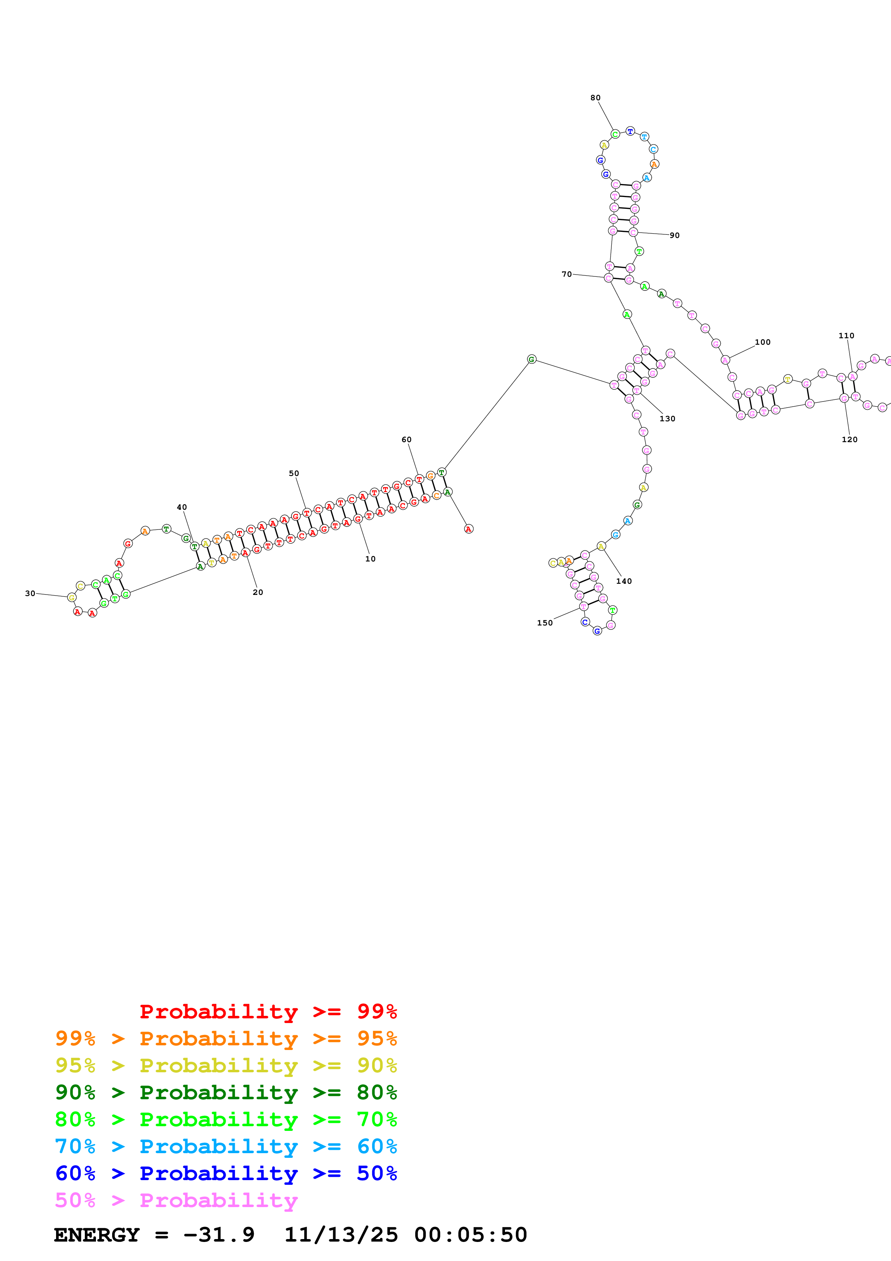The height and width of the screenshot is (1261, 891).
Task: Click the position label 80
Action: click(x=595, y=98)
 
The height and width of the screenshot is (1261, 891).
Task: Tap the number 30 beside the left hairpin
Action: click(x=30, y=593)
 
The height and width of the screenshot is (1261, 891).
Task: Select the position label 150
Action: click(x=545, y=623)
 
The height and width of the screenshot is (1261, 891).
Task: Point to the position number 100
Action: click(x=763, y=342)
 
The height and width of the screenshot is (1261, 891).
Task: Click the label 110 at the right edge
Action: click(x=846, y=336)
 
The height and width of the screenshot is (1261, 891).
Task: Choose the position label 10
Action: click(x=371, y=559)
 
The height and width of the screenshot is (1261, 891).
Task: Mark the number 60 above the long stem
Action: click(x=406, y=439)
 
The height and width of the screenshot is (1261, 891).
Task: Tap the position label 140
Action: click(x=624, y=581)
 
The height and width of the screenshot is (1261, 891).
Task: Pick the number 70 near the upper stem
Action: click(x=566, y=274)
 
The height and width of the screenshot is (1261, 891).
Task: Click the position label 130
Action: click(x=667, y=418)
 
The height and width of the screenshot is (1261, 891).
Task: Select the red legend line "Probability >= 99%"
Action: click(x=268, y=1012)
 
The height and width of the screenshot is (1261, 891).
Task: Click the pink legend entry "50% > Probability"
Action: click(x=176, y=1201)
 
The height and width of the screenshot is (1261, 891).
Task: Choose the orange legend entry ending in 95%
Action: click(x=226, y=1038)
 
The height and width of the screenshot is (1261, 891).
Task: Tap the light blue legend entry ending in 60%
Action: click(x=226, y=1147)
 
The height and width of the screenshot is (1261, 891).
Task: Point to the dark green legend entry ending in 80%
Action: click(x=226, y=1092)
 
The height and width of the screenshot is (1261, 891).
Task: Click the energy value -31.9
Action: click(x=219, y=1235)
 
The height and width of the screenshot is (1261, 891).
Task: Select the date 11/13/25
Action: click(x=341, y=1235)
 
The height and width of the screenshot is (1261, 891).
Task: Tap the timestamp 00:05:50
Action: click(x=470, y=1235)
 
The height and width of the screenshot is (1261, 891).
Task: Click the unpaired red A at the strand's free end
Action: click(x=468, y=529)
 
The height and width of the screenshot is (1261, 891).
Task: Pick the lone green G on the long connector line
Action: click(x=532, y=359)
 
